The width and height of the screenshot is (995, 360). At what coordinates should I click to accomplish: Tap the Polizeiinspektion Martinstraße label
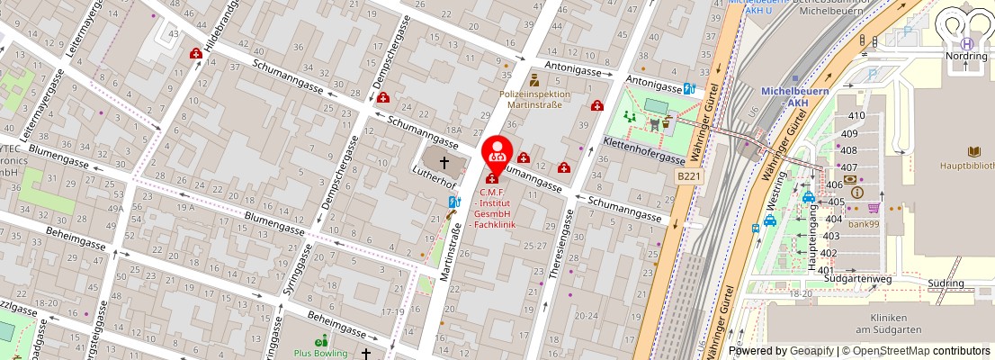coord(534,99)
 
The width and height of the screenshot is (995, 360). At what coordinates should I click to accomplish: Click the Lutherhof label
coord(435,175)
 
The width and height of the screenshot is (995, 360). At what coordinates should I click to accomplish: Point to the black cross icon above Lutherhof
coord(444,162)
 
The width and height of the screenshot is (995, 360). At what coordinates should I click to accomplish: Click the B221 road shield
coord(688,177)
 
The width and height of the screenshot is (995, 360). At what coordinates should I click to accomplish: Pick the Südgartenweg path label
coord(857,279)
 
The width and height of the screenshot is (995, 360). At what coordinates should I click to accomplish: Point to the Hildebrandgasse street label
coord(212,37)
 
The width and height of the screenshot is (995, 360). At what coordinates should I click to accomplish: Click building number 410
coord(856,115)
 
